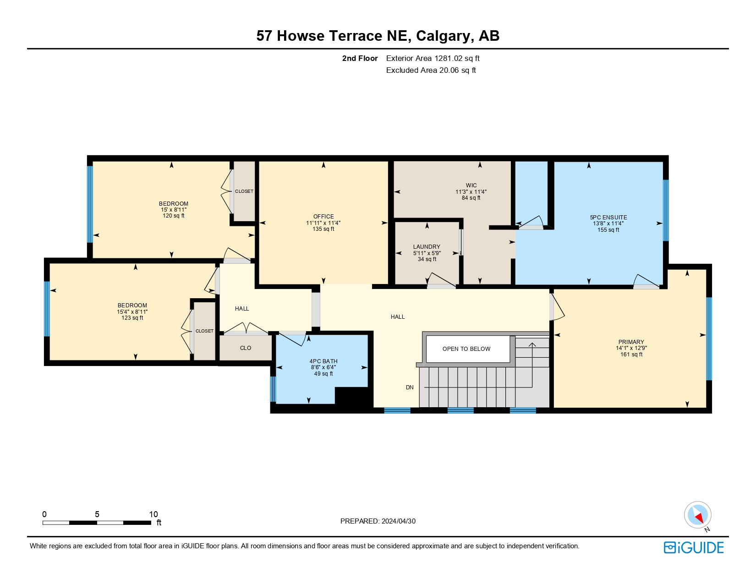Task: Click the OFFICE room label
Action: coord(323,217)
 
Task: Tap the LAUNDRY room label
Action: coord(427,247)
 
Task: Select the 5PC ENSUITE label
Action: coord(608,218)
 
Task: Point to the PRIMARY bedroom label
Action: coord(631,342)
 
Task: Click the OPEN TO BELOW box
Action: coord(467,349)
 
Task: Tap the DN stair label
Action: coord(410,388)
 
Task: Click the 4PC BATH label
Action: coord(323,361)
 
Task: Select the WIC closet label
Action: coord(471,186)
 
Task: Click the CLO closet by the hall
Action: coord(246,348)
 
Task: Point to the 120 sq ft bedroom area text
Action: coord(174,216)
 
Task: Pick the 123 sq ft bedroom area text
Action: coord(132,318)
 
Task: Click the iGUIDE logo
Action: coord(694,547)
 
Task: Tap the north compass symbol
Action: coord(697,515)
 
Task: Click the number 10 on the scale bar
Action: coord(153,514)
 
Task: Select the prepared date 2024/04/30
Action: coord(398,521)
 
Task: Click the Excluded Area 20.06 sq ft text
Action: coord(431,71)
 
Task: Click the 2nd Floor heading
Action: coord(360,59)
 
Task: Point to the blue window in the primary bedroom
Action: coord(709,339)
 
